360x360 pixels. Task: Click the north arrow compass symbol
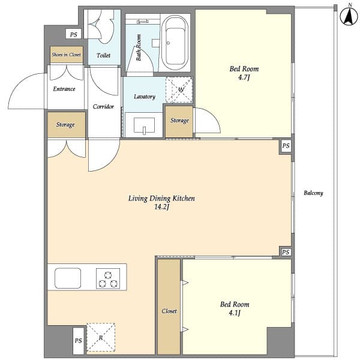coord(347,16)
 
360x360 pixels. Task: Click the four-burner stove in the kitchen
coord(107,278)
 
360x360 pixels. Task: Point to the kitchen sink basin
coord(68,278)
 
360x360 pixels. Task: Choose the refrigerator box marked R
coord(100,337)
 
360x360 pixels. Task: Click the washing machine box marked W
coord(179,90)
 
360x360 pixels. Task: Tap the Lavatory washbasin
coord(143,126)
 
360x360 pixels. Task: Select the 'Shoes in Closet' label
coord(66,55)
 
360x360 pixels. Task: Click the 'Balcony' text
coord(313,193)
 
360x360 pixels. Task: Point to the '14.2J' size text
coord(161,208)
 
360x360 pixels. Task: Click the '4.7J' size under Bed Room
coord(244,77)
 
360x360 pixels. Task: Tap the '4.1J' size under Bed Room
coord(234,313)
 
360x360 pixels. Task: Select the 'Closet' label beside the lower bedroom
coord(169,311)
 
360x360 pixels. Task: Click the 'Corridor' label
coord(103,107)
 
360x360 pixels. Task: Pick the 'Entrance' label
coord(64,89)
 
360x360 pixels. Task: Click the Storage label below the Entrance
coord(65,125)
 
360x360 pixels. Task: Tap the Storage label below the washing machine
coord(179,121)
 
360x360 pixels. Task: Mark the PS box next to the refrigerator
coord(78,341)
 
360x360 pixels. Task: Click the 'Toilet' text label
coord(103,55)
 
